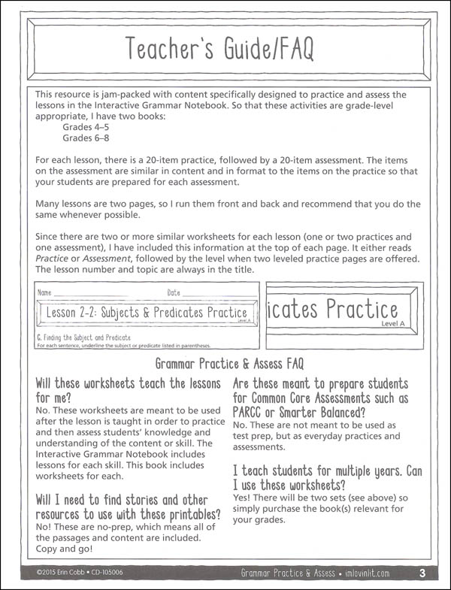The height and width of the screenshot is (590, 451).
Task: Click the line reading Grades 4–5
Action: click(x=85, y=127)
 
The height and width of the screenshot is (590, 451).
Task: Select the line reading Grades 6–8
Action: click(x=85, y=138)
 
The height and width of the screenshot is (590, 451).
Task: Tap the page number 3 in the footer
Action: click(x=422, y=574)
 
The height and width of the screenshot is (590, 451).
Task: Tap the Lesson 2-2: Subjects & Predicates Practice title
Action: click(x=147, y=312)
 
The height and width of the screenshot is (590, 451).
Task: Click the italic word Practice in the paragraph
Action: click(x=54, y=258)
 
